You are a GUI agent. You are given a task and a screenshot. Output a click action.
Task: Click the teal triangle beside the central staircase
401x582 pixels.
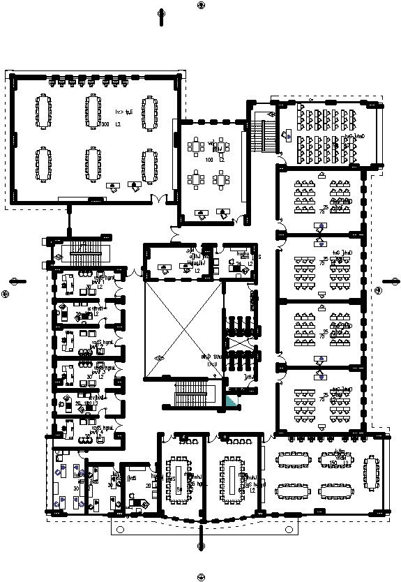(230, 402)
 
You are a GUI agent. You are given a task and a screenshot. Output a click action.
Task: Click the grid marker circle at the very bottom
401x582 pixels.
(202, 577)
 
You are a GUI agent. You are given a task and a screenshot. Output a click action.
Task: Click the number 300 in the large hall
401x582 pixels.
(105, 125)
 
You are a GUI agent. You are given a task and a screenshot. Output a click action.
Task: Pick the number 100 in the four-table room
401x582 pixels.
(209, 160)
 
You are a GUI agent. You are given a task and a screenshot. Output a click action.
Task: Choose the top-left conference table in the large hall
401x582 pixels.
(43, 112)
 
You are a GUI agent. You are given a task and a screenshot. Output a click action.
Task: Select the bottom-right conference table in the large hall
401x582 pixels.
(149, 164)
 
